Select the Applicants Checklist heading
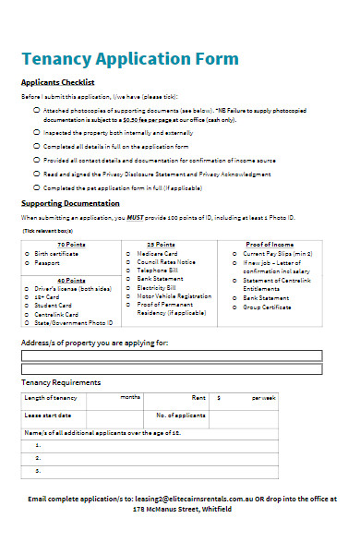[57, 83]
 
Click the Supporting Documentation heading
[70, 203]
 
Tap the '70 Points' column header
[71, 244]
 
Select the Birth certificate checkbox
[30, 253]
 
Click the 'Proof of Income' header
[269, 244]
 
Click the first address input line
[172, 355]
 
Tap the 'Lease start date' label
[48, 415]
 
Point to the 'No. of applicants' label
[179, 415]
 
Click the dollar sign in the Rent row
[218, 397]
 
